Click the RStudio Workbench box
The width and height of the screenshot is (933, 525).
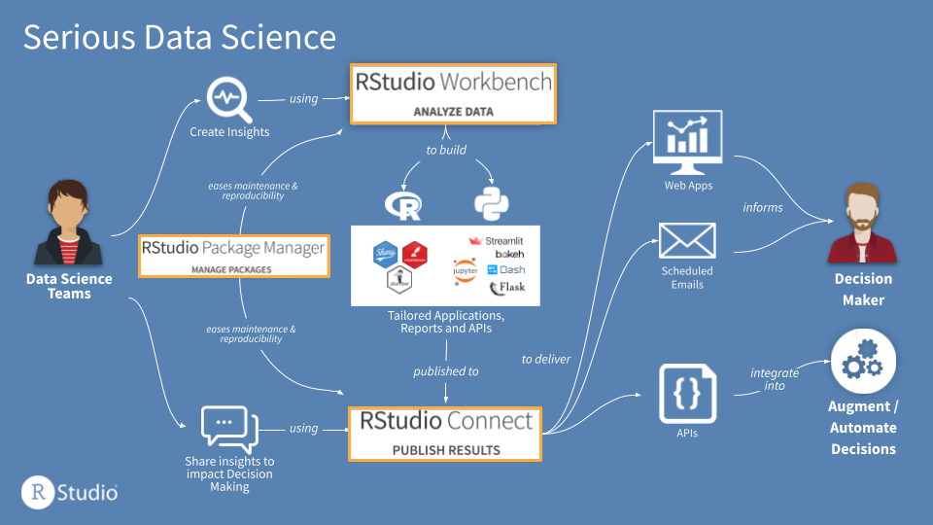point(452,93)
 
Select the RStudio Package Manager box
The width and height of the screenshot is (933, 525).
point(233,256)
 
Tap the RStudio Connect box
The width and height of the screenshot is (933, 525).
point(445,433)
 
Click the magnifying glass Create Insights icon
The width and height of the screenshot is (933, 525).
point(230,99)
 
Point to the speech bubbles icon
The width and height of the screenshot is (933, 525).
point(228,428)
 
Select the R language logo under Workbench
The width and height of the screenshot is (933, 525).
point(404,205)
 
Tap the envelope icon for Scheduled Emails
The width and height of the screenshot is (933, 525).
point(687,240)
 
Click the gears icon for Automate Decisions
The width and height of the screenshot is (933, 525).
point(862,360)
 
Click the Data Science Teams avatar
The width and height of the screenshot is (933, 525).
point(67,223)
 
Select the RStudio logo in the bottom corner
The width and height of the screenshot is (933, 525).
point(70,491)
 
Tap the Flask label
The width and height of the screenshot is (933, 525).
point(506,288)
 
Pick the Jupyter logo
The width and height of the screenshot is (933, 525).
point(465,270)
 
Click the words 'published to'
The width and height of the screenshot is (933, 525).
point(445,371)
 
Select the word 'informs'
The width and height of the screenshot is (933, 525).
point(762,207)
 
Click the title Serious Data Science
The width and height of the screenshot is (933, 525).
point(180,37)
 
